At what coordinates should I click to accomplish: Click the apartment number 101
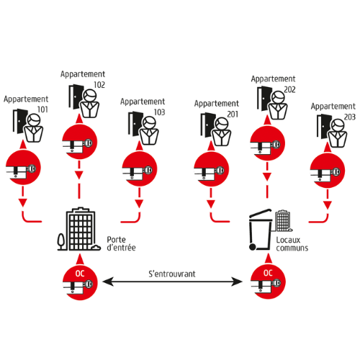(42, 109)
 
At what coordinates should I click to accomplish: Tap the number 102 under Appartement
(99, 85)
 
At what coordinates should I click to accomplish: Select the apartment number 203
(350, 117)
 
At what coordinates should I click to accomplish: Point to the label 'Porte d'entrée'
(121, 243)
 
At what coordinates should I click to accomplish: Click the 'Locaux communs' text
(292, 244)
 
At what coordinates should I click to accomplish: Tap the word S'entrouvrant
(172, 274)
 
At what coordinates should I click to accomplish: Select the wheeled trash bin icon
(261, 230)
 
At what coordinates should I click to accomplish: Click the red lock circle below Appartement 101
(23, 167)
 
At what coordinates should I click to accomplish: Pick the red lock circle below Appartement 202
(267, 143)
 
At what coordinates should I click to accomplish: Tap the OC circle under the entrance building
(80, 282)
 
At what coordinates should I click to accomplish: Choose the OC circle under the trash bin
(268, 282)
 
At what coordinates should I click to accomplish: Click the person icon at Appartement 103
(149, 130)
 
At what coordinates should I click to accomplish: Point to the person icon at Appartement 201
(222, 132)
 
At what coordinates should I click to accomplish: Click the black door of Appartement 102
(76, 96)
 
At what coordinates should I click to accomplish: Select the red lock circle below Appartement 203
(328, 171)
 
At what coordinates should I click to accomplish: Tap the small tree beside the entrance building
(61, 241)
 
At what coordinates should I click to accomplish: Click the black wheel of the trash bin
(252, 247)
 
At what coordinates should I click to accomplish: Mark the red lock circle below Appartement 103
(140, 168)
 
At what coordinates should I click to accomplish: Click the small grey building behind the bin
(283, 221)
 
